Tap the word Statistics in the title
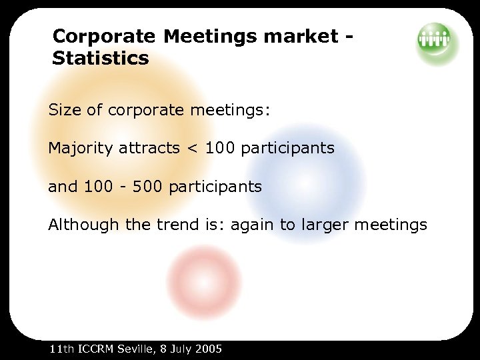point(101,59)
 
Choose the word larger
point(324,225)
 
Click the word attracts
point(149,148)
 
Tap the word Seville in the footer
point(135,349)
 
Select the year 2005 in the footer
point(208,349)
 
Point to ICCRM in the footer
point(97,349)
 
